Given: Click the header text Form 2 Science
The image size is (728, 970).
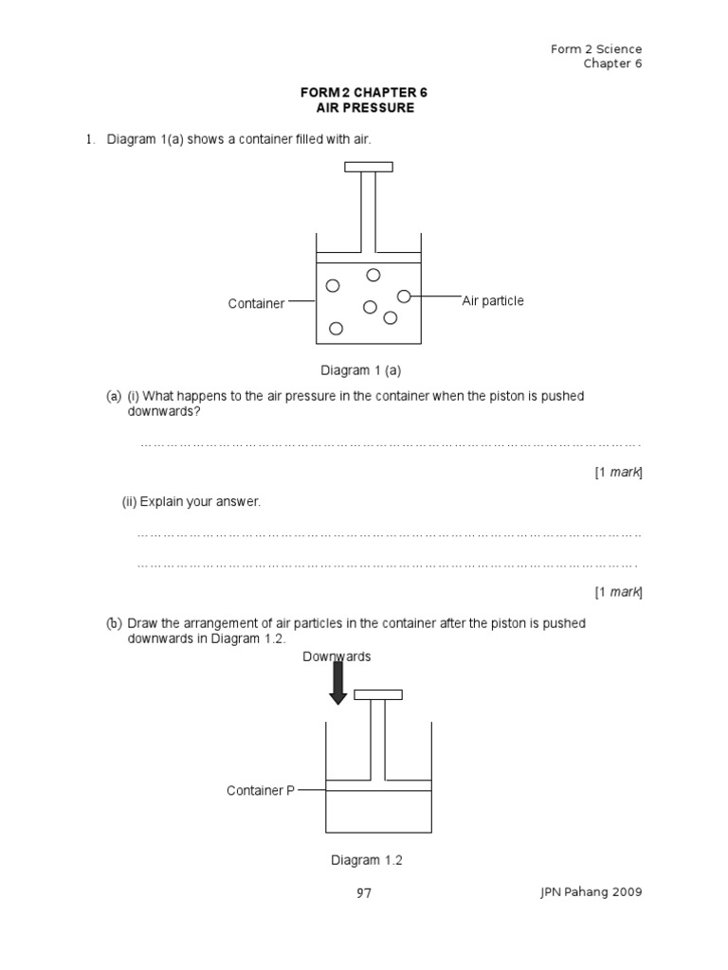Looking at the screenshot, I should coord(596,49).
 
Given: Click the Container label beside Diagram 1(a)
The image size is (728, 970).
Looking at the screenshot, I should coord(256,303).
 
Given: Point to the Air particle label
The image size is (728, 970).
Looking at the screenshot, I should coord(493,300).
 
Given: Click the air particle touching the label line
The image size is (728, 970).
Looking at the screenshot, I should coord(404,296).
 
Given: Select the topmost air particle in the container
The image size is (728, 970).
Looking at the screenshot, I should coord(373,275).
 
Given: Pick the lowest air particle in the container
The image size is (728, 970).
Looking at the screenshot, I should coord(336,328).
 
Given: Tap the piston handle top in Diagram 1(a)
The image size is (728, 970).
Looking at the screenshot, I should coord(369,168).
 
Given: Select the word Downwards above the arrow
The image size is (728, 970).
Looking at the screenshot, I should coord(337,656).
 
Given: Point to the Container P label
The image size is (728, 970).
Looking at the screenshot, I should coord(261,790).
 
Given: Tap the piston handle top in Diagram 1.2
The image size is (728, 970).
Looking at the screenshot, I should coord(377,694).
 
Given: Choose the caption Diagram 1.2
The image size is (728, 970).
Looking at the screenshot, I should coord(367,860).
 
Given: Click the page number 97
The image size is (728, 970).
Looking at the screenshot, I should coord(363,893).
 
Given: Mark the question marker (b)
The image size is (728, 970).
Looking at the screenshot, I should coord(114,623).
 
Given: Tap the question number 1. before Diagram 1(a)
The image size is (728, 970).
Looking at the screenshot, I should coord(91,140).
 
